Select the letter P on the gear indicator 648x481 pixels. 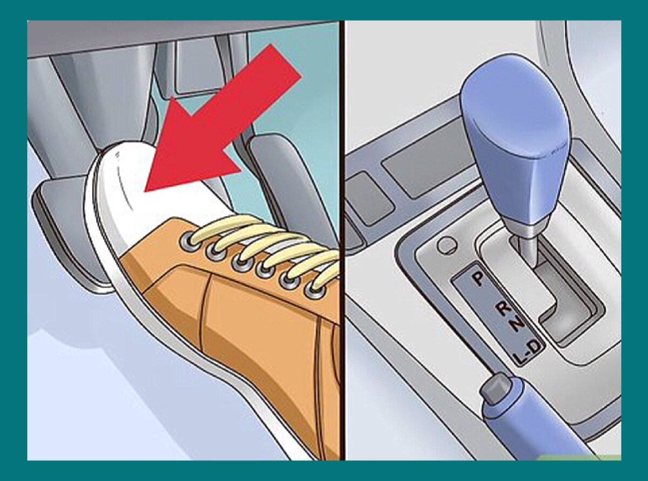point(478,280)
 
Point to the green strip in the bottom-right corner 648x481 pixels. point(580,457)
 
